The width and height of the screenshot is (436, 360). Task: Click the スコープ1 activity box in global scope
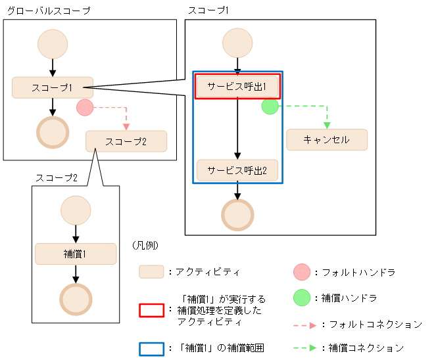click(52, 87)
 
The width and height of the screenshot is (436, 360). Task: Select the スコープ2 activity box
click(126, 141)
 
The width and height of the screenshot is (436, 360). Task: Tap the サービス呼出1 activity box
click(237, 86)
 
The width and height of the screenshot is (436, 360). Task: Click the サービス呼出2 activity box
click(237, 170)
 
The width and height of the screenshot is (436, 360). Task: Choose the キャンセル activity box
click(326, 140)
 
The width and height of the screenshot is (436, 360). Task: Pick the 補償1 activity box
click(75, 254)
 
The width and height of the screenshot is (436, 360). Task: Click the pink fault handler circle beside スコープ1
click(84, 108)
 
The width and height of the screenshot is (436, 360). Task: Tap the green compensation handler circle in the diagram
click(270, 106)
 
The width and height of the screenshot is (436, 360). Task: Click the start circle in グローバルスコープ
click(53, 43)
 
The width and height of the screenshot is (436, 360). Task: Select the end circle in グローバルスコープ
click(53, 133)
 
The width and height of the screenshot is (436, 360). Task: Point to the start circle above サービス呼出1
click(237, 43)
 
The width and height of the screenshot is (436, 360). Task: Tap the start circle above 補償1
click(75, 211)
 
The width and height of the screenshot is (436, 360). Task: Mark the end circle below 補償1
click(75, 300)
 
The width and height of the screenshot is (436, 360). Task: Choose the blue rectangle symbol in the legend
click(151, 348)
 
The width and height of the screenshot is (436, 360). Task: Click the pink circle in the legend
click(301, 271)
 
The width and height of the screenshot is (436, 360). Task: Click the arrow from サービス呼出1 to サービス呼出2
click(237, 129)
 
